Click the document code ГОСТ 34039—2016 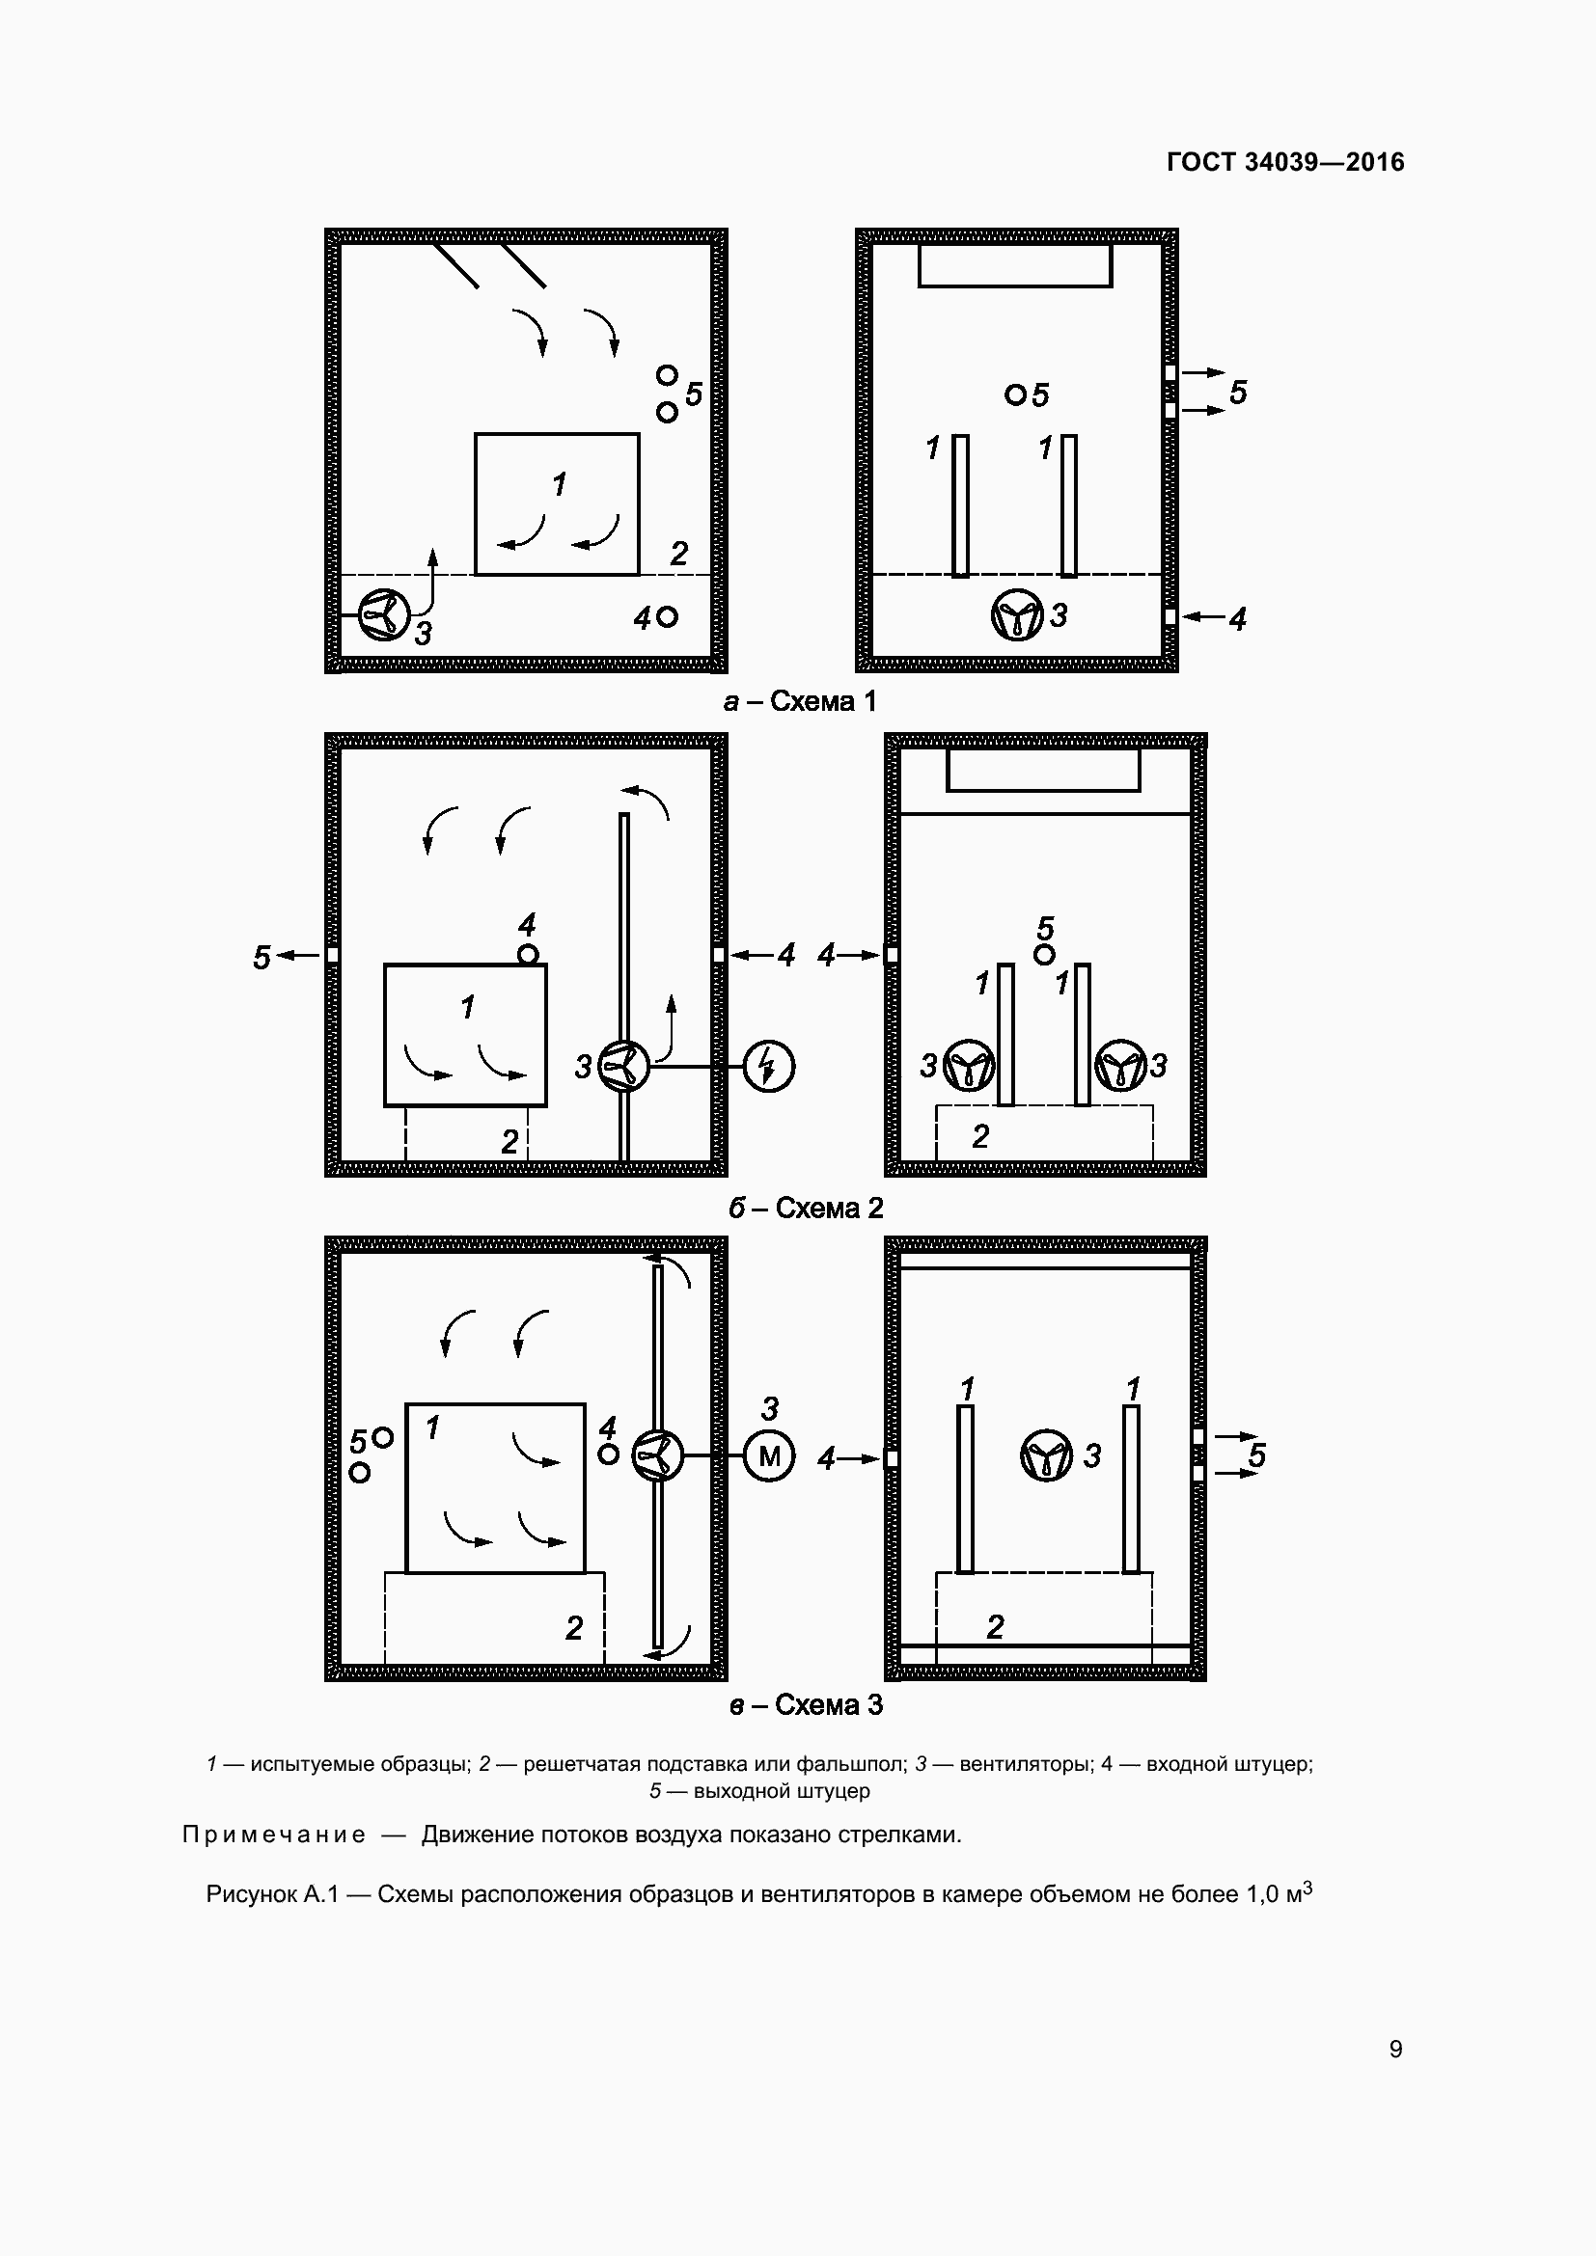coord(1285,162)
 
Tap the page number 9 coord(1395,2049)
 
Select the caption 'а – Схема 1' coord(799,701)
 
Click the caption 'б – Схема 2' coord(806,1208)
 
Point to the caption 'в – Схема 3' coord(806,1704)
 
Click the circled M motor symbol coord(769,1456)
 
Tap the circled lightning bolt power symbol coord(769,1066)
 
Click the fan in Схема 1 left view coord(382,616)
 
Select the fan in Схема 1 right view coord(1016,616)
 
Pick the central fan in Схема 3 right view coord(1047,1455)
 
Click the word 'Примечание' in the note coord(274,1835)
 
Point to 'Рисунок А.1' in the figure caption coord(271,1894)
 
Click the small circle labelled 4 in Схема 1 coord(668,617)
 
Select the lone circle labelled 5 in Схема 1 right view coord(1015,395)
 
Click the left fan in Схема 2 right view coord(969,1066)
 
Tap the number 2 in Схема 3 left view coord(574,1628)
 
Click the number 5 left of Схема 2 coord(261,957)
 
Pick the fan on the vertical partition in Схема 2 coord(624,1066)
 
